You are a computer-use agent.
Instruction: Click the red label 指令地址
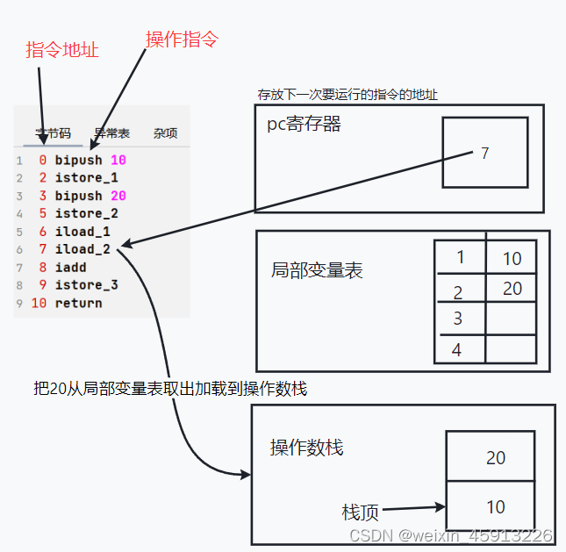tap(61, 50)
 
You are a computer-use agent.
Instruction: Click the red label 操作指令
tap(182, 39)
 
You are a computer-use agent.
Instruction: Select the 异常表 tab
tap(112, 133)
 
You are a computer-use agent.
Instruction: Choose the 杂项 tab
tap(165, 133)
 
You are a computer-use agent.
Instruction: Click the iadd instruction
tap(70, 267)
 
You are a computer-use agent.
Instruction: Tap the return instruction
tap(78, 303)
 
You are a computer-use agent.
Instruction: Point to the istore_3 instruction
tap(86, 285)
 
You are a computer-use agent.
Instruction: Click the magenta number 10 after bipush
tap(118, 161)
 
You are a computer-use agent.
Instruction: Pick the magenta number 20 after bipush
tap(118, 196)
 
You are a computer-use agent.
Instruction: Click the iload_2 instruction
tap(82, 249)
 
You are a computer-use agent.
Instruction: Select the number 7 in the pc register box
tap(484, 154)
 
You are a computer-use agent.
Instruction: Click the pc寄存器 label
tap(304, 125)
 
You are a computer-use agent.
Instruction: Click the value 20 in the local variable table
tap(512, 289)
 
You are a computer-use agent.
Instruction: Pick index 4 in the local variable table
tap(456, 349)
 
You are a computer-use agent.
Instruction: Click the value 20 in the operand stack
tap(496, 457)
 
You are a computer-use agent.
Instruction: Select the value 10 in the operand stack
tap(496, 506)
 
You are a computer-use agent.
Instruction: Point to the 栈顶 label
tap(360, 511)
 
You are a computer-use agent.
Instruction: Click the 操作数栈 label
tap(306, 448)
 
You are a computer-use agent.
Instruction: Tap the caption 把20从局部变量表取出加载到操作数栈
tap(169, 389)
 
